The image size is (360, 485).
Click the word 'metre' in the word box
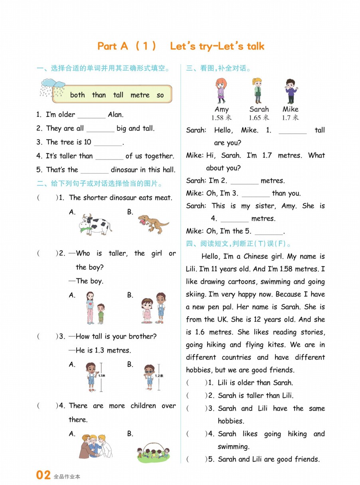[140, 95]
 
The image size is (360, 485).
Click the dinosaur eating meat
[152, 223]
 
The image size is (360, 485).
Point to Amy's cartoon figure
[220, 91]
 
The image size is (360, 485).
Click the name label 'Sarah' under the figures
[259, 109]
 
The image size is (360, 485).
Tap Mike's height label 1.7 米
[290, 118]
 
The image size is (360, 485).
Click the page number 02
[44, 475]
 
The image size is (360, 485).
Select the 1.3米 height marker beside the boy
[101, 376]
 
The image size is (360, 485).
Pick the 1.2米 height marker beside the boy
[159, 376]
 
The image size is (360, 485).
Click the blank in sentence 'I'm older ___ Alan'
[91, 115]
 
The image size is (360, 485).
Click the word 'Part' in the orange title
[107, 46]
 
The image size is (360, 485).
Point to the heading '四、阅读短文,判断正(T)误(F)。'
[239, 244]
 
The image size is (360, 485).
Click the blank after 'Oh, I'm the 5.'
[268, 232]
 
